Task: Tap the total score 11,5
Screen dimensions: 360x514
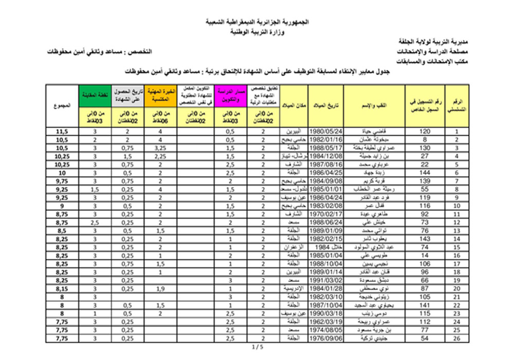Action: pyautogui.click(x=62, y=131)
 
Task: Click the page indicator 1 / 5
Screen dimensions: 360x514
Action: pyautogui.click(x=257, y=348)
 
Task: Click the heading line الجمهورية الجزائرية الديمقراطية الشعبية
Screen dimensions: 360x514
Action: pyautogui.click(x=257, y=24)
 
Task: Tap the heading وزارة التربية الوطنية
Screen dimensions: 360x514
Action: pyautogui.click(x=257, y=32)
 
